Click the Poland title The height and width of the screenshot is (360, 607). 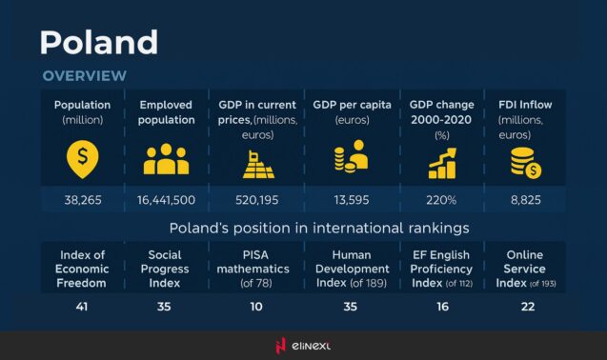[99, 41]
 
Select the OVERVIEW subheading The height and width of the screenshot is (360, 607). [84, 75]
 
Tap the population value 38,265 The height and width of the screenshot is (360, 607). [82, 200]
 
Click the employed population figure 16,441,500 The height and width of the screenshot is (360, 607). [166, 200]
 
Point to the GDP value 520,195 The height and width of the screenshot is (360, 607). [256, 200]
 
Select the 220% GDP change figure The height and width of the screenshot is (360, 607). [441, 200]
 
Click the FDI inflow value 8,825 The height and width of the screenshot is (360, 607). [527, 200]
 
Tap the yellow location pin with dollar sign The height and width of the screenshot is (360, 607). [82, 159]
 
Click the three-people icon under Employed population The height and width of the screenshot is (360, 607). [166, 160]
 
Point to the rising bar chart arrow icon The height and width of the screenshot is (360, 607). [441, 163]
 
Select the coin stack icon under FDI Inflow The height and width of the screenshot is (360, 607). [526, 163]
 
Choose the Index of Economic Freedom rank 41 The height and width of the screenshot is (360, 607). [82, 307]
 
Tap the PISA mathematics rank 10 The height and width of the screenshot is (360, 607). [256, 307]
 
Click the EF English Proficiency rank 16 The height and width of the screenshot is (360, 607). [441, 307]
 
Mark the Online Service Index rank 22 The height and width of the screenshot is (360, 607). [527, 307]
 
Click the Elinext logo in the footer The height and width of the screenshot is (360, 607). [303, 346]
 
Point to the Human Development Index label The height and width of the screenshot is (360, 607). [351, 269]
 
